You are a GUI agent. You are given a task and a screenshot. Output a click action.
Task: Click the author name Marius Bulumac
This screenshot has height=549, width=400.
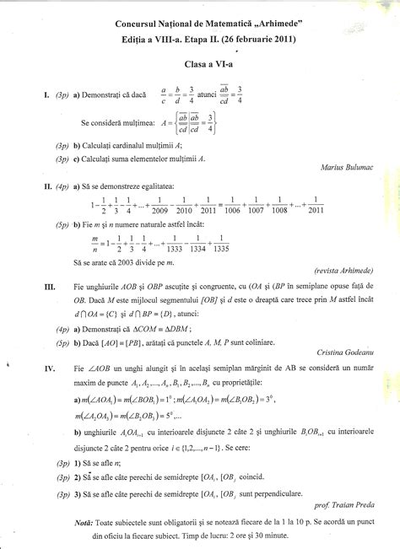click(349, 166)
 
